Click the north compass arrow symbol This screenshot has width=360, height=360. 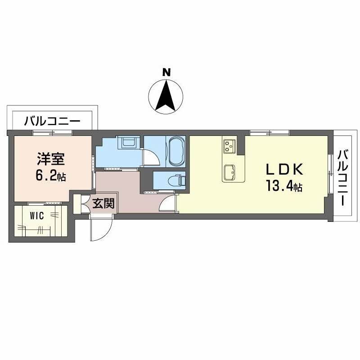pos(166,95)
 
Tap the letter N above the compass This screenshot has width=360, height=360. pos(166,72)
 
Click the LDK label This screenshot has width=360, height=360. pos(284,170)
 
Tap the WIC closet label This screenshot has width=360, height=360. pos(37,215)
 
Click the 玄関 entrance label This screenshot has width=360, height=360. pos(103,203)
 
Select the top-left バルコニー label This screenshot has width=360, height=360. pos(52,121)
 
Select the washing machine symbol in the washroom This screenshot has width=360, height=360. pos(129,144)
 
